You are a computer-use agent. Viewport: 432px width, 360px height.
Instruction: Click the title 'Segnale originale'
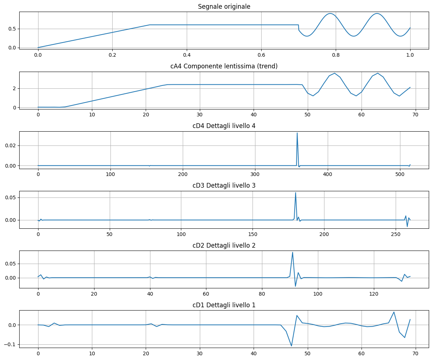[x=224, y=7]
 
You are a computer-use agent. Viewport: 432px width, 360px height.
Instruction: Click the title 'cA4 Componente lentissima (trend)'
[x=224, y=66]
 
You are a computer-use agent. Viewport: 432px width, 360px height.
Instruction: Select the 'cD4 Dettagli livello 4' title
[x=224, y=126]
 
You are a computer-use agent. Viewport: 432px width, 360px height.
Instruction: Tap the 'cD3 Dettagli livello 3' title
[x=224, y=185]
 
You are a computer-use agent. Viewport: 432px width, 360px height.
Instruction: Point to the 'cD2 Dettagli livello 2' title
[x=224, y=245]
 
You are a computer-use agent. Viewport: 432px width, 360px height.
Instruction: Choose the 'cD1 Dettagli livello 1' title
[x=224, y=305]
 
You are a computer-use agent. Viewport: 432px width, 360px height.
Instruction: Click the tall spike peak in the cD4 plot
[x=297, y=133]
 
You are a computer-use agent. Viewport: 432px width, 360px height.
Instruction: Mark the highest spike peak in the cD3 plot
[x=295, y=192]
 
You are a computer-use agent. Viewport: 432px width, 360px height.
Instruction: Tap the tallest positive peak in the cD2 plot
[x=292, y=252]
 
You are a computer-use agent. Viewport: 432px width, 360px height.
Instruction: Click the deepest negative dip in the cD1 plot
[x=291, y=346]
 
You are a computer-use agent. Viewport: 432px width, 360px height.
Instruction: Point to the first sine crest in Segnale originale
[x=330, y=13]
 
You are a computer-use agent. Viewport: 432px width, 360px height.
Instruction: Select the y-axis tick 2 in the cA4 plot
[x=15, y=88]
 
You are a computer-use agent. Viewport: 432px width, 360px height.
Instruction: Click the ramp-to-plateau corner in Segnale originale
[x=150, y=25]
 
